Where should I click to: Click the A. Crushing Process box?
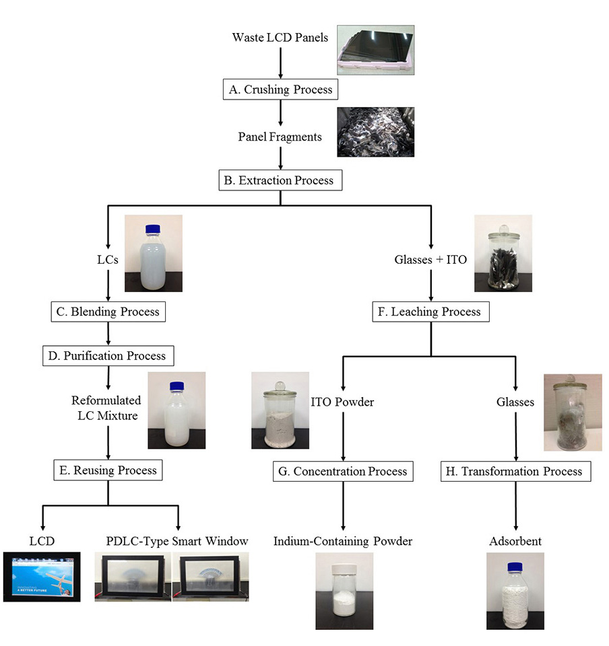[278, 89]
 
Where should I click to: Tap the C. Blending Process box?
[108, 312]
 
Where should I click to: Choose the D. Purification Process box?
[108, 355]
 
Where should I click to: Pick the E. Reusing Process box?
[108, 470]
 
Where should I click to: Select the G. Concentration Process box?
[343, 471]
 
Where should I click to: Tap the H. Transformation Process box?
[516, 471]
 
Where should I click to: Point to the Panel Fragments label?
[280, 137]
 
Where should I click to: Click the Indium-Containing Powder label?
[342, 541]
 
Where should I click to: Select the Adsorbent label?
[516, 541]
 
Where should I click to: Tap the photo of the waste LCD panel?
[375, 48]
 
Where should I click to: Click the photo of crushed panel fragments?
[375, 132]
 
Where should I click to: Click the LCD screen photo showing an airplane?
[42, 577]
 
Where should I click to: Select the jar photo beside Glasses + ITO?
[503, 253]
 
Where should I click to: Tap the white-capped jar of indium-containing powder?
[344, 591]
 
